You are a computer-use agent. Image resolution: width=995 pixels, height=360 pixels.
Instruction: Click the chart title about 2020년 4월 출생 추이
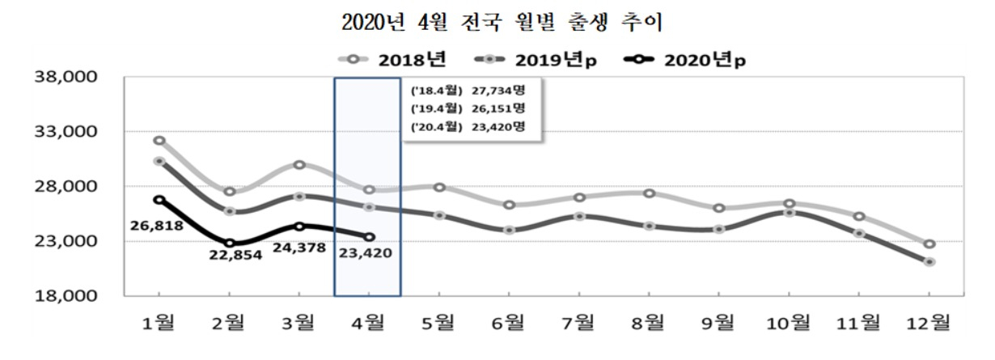502,21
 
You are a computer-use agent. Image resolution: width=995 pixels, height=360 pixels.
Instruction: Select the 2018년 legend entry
392,60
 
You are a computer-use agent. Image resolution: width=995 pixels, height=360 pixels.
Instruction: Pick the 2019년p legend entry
536,60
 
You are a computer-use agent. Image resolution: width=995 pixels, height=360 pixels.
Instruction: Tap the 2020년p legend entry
685,60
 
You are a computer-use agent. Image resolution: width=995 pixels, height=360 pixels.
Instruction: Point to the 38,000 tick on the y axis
66,77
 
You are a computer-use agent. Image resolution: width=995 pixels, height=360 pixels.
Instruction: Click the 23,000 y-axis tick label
66,241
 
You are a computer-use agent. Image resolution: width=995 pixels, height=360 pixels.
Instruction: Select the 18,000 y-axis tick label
66,296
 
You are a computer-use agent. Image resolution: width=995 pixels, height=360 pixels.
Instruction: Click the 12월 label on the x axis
929,323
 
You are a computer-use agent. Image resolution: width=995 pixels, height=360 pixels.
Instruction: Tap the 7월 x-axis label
578,323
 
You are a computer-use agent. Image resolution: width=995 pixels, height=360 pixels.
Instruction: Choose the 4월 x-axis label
368,323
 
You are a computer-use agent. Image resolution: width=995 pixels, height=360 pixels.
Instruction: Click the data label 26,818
157,226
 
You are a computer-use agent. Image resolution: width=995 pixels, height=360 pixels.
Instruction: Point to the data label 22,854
235,255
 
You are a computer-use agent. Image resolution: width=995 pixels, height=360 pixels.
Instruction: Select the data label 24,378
299,248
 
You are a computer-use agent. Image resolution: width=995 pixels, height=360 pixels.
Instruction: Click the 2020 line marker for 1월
159,200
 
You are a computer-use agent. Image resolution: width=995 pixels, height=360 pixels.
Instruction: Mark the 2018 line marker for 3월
299,165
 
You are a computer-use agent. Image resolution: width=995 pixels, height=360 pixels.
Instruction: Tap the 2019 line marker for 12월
929,262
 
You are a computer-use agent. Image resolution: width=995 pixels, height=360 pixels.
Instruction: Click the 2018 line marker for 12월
929,244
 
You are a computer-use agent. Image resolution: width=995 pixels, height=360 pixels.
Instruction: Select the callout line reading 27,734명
468,91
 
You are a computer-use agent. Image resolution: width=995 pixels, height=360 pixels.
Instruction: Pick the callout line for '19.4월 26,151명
468,108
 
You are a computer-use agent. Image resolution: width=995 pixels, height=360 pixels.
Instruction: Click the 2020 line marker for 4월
369,237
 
